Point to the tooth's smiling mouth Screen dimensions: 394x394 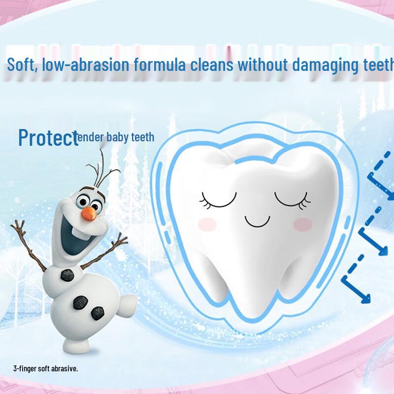coord(259,223)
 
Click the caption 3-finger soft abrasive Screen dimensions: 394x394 coord(46,368)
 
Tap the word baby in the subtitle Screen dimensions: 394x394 coord(117,137)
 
